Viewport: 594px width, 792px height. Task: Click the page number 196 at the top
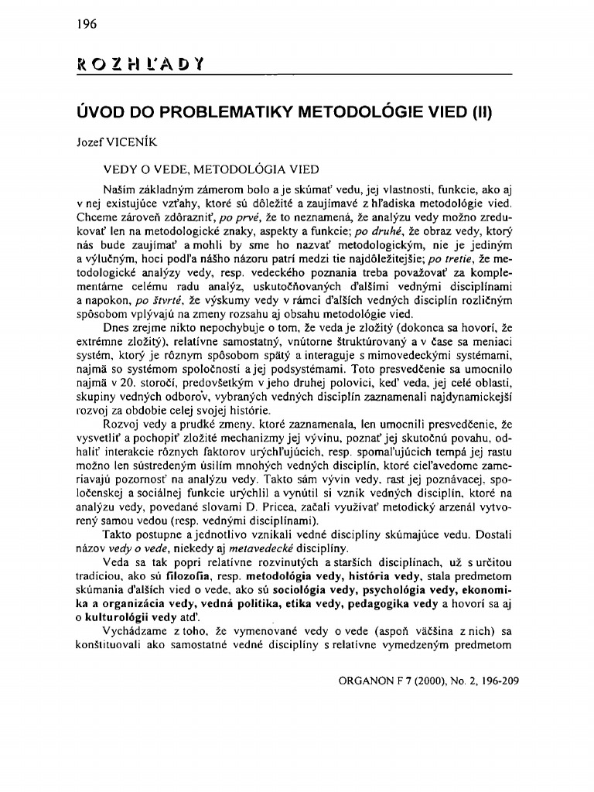[85, 24]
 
